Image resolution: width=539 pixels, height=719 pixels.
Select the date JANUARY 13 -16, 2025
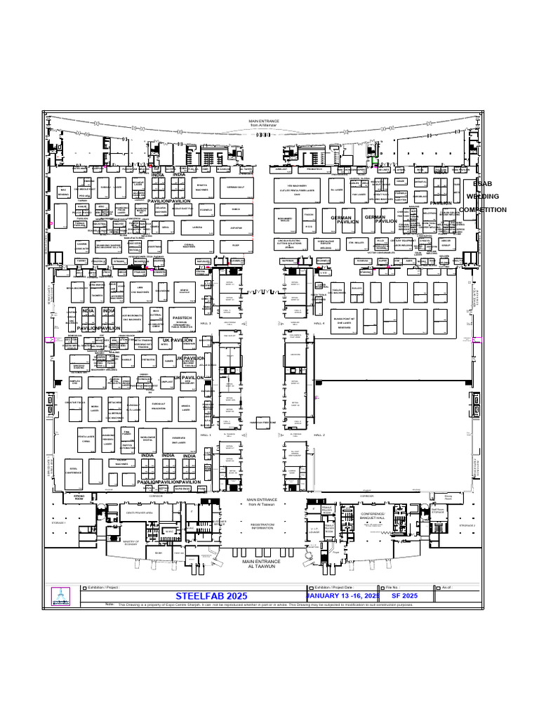click(343, 595)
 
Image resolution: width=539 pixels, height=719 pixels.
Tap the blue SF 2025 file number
click(404, 595)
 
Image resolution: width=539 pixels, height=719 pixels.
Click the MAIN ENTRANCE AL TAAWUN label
click(262, 564)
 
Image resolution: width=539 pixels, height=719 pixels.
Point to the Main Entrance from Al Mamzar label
click(264, 123)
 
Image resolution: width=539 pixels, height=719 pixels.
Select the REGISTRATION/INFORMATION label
click(262, 526)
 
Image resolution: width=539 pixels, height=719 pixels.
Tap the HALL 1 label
click(206, 435)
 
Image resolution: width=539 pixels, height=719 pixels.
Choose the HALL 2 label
click(319, 435)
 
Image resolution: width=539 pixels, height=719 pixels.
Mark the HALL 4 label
click(319, 323)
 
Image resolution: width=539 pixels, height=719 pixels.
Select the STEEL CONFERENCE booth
click(74, 470)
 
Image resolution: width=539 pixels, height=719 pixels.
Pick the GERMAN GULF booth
click(235, 187)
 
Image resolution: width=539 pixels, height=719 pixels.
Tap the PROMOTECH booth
click(314, 169)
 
